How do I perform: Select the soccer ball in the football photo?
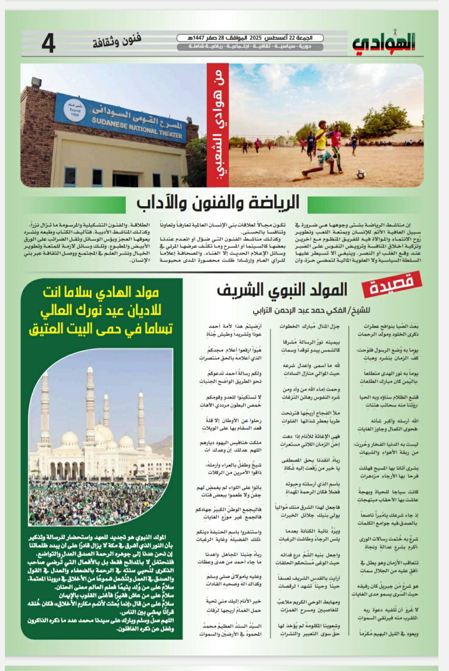click(x=361, y=174)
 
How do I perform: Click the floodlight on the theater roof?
click(x=37, y=83)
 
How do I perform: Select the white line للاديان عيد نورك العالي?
click(x=101, y=311)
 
